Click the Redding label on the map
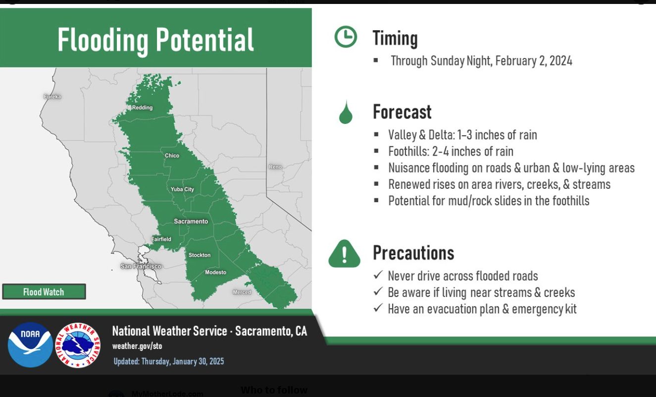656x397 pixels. [x=142, y=108]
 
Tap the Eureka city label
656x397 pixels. [x=52, y=97]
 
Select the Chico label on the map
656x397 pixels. [x=172, y=156]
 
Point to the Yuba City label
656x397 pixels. [x=182, y=189]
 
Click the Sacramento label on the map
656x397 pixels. [x=191, y=222]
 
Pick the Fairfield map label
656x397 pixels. [x=161, y=239]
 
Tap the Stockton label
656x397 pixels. [x=200, y=255]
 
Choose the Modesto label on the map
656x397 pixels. [x=215, y=273]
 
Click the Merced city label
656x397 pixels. [x=242, y=292]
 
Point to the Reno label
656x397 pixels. [x=275, y=167]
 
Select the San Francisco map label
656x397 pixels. [x=141, y=266]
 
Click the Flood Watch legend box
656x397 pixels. [x=44, y=291]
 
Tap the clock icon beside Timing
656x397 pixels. [x=346, y=37]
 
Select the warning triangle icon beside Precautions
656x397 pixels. [x=345, y=254]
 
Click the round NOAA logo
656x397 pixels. [x=30, y=345]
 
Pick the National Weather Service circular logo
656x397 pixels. [x=78, y=345]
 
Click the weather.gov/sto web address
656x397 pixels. [x=137, y=346]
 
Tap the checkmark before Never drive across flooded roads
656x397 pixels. [x=378, y=275]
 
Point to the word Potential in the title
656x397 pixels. [x=204, y=40]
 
